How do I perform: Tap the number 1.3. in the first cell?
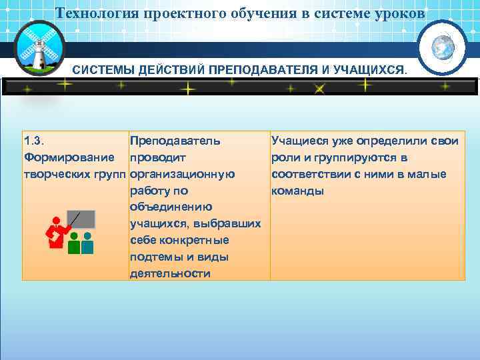coord(33,141)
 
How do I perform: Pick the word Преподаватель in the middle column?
coord(175,141)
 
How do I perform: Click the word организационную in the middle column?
coord(182,175)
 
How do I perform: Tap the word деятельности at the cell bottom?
coord(170,273)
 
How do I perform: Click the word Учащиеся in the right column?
coord(299,141)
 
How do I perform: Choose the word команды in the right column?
coord(297,191)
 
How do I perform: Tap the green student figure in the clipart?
coord(74,243)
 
